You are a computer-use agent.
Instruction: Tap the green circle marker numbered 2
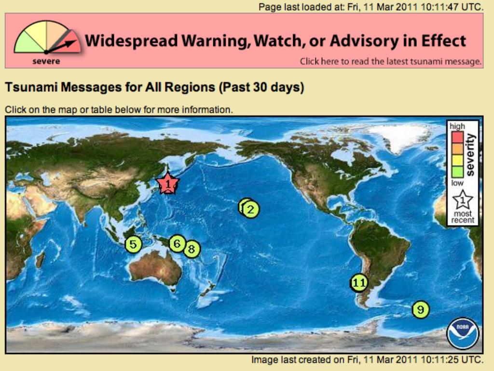pos(251,210)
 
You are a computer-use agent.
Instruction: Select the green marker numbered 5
pos(133,244)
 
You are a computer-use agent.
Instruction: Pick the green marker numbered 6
pos(177,243)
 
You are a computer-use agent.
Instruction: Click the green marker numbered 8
pos(192,249)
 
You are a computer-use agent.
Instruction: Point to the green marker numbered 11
pos(359,282)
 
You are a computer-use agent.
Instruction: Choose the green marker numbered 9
pos(421,309)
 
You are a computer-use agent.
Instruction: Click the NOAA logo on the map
pos(463,333)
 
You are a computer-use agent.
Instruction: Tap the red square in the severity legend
pos(457,137)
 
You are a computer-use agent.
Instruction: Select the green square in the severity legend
pos(457,172)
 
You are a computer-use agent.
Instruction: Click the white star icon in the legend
pos(463,200)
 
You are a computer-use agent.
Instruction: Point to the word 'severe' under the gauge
pos(46,61)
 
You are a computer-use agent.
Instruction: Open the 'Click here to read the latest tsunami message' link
pos(390,61)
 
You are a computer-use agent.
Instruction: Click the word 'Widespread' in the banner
pos(131,41)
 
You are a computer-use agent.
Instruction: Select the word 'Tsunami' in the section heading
pos(31,87)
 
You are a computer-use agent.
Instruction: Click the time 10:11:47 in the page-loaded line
pos(439,7)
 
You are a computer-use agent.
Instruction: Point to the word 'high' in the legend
pos(457,126)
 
